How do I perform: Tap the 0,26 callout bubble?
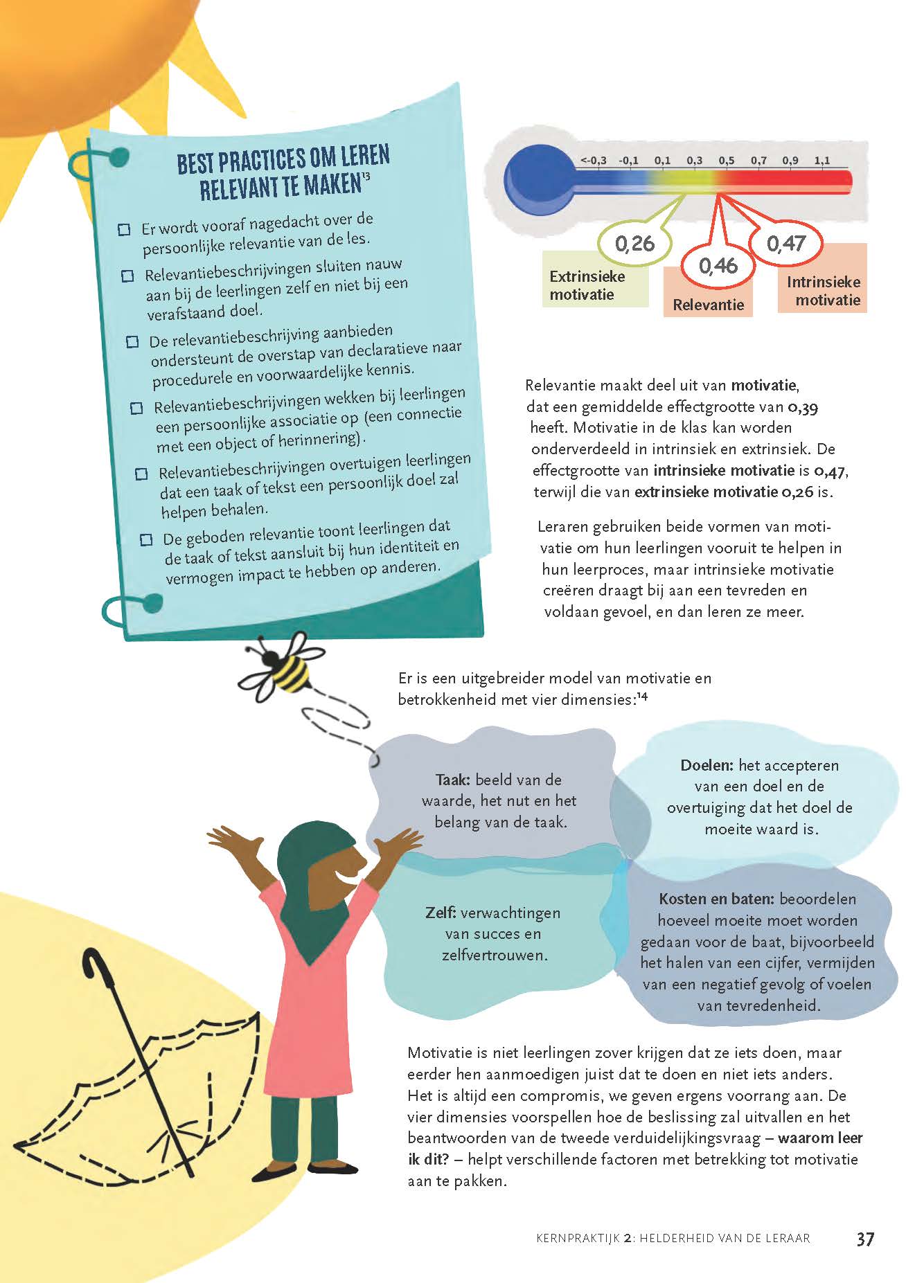pos(634,243)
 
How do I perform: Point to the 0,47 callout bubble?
pos(786,243)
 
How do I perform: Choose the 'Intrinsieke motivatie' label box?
pos(823,291)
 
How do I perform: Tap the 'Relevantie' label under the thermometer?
pos(708,305)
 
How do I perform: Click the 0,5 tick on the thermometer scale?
pos(726,161)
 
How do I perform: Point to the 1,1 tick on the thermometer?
pos(822,161)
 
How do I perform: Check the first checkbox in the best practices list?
pos(125,229)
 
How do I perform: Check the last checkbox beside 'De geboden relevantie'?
pos(146,539)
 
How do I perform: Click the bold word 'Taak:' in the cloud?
pos(453,780)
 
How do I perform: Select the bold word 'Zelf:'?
pos(441,913)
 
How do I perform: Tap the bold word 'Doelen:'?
pos(707,765)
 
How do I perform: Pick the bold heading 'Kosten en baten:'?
pos(716,899)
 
